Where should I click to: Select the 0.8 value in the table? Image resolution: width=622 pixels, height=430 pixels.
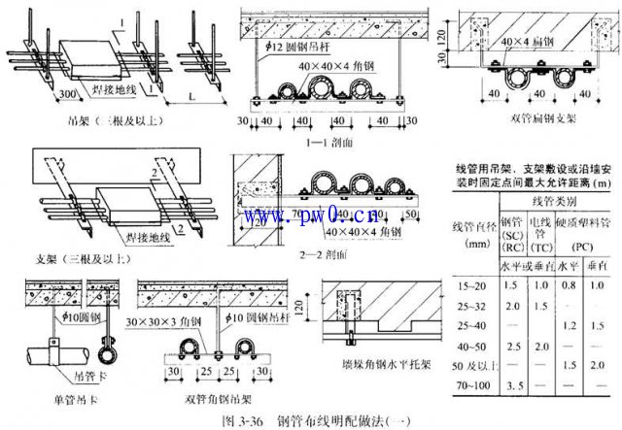coord(566,283)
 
